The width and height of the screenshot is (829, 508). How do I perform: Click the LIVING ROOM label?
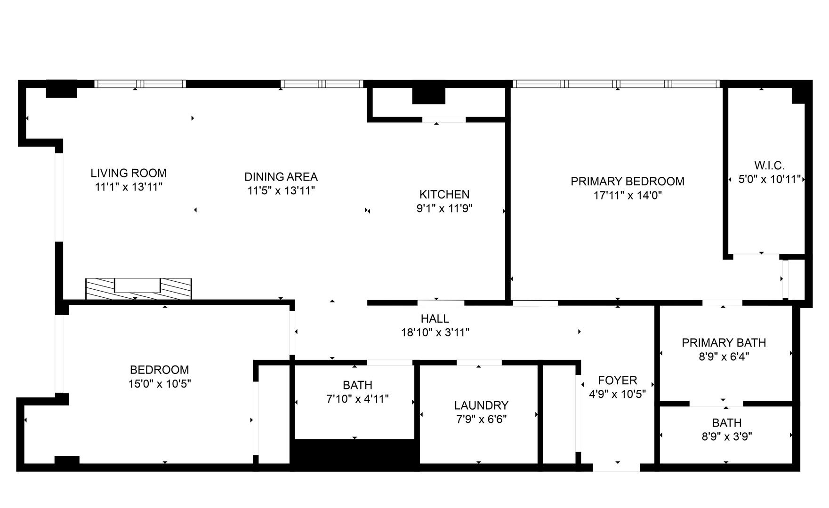click(x=129, y=173)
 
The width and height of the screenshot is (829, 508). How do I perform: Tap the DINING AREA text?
click(x=281, y=177)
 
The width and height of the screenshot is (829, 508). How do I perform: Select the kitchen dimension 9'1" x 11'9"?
click(x=444, y=208)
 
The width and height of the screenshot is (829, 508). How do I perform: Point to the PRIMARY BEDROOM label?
click(x=628, y=181)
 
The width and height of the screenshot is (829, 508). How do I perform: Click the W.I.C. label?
click(x=769, y=166)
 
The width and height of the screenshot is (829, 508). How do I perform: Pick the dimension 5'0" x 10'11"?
click(x=769, y=179)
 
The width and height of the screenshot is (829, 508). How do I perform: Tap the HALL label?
click(x=435, y=319)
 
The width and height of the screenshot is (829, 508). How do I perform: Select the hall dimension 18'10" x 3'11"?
click(x=435, y=333)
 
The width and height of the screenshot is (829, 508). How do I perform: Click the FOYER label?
click(x=618, y=380)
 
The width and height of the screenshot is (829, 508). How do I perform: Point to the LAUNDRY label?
click(x=481, y=405)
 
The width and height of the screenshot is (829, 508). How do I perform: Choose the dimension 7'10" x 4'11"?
click(x=357, y=399)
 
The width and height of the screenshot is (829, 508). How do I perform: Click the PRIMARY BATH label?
click(x=724, y=343)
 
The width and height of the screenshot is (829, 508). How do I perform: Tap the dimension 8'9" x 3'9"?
click(x=726, y=437)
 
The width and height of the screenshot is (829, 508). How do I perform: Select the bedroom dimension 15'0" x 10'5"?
click(x=160, y=384)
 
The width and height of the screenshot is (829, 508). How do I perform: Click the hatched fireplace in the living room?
click(x=138, y=288)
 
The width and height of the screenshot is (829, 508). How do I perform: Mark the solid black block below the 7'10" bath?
click(x=354, y=454)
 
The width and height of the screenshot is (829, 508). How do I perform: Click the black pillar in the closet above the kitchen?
click(x=428, y=96)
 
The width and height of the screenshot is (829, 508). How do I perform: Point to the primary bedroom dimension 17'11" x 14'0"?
click(x=628, y=195)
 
